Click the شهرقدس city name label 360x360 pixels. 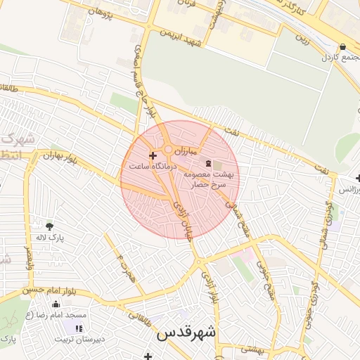[186, 332]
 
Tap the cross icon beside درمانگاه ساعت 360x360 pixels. [153, 155]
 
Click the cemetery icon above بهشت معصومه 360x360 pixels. [216, 163]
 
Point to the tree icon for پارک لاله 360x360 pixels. [49, 226]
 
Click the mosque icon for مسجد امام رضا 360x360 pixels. [56, 304]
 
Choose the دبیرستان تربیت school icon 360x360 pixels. [79, 328]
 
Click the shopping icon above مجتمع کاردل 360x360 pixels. [342, 47]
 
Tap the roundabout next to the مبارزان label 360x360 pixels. [169, 149]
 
